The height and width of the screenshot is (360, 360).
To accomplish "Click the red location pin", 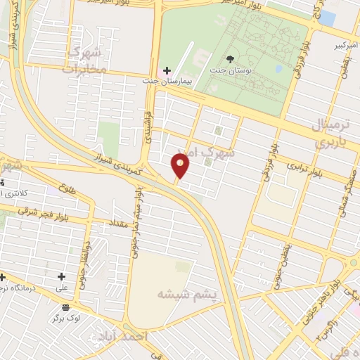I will pyautogui.click(x=180, y=167).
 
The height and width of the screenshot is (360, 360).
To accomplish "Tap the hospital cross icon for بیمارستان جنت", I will pyautogui.click(x=167, y=70).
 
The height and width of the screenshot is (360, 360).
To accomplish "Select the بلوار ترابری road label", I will pyautogui.click(x=304, y=169).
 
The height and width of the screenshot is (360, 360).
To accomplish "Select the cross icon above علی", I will pyautogui.click(x=62, y=276).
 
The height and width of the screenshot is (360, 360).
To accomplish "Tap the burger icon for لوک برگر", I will pyautogui.click(x=65, y=307).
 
